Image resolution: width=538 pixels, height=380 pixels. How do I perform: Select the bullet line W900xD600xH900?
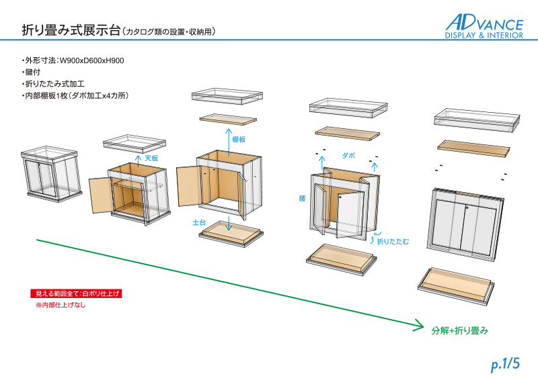point(75,60)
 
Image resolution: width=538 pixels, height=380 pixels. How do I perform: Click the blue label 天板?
point(151,158)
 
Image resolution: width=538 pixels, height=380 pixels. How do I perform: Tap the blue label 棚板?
point(239,140)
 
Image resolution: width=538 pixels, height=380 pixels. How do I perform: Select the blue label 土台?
point(199,221)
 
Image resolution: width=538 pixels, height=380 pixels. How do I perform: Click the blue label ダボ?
point(348,155)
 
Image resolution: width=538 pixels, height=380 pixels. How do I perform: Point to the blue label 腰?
point(302,199)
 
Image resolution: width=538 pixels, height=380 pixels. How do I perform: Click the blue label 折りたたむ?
point(393,240)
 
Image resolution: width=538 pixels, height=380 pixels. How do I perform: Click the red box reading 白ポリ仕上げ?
point(78,293)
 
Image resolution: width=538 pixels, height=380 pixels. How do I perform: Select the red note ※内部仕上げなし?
point(61,305)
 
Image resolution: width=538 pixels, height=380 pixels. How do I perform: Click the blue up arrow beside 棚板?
point(229,141)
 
